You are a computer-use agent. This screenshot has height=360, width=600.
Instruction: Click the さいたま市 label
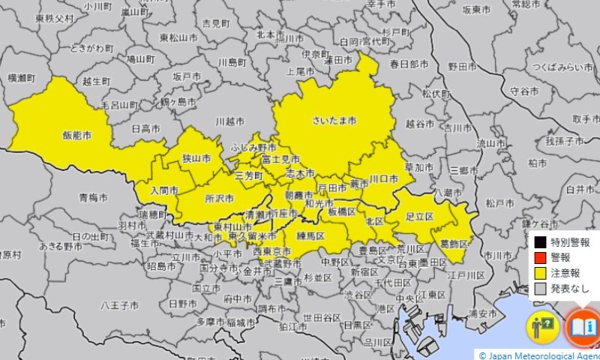coord(334,120)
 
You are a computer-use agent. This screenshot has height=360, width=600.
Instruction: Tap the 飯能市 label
coord(77,136)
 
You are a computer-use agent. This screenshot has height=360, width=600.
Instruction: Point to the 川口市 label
coord(383,179)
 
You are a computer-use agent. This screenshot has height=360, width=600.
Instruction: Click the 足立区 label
coord(420,216)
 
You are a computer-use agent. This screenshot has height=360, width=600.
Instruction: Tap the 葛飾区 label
coord(454,244)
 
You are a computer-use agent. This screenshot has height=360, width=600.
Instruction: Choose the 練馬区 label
coord(310,236)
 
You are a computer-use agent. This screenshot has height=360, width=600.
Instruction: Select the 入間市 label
coord(164,190)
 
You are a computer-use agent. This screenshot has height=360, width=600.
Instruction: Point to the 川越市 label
coord(229,121)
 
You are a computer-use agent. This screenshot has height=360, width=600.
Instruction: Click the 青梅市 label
coord(94,198)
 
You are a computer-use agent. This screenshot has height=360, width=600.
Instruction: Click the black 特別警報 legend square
coord(540,242)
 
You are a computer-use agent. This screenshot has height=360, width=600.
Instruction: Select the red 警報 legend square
coord(540,257)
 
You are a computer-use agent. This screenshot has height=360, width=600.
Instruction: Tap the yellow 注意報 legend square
coord(540,273)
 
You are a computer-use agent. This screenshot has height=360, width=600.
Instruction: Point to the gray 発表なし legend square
coord(540,289)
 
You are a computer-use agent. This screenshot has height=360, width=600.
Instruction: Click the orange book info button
coord(583,327)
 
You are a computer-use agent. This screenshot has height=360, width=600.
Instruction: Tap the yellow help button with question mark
coord(544,327)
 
